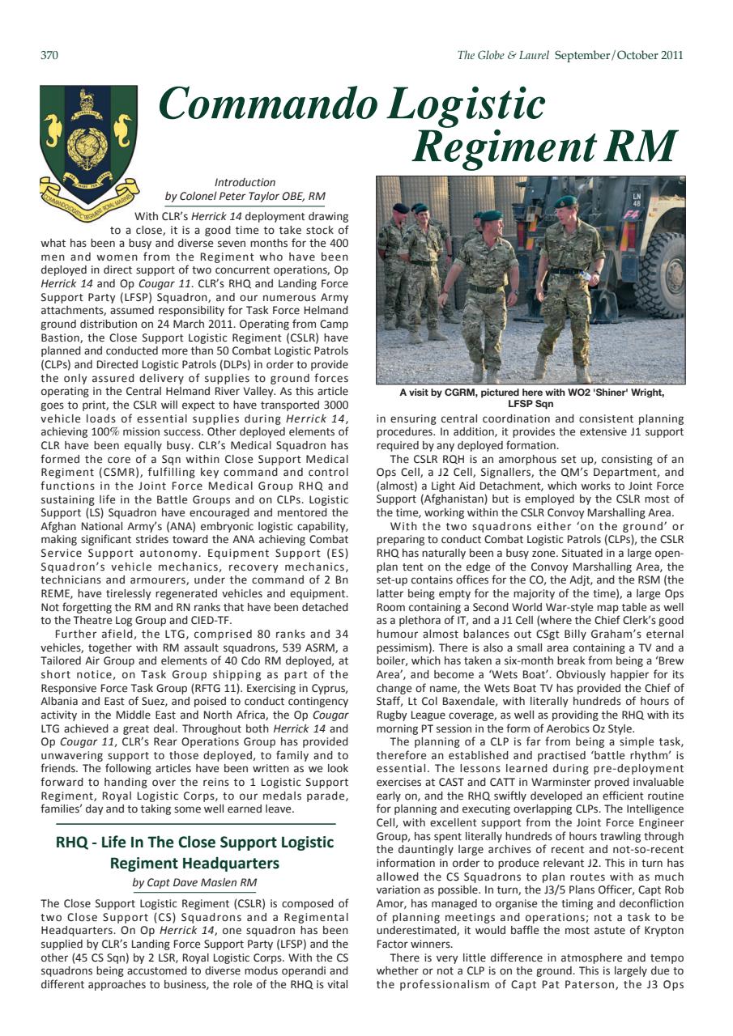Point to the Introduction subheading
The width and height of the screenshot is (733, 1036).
[245, 182]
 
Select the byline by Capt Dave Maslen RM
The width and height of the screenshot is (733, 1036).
[194, 882]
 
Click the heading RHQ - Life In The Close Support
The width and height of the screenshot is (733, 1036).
[194, 842]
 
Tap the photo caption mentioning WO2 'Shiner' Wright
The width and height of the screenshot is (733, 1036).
[531, 397]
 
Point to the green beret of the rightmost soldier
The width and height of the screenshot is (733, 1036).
[566, 202]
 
